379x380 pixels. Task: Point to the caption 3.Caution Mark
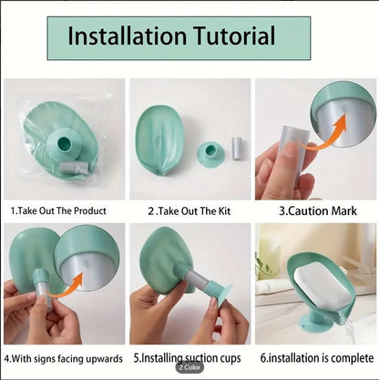point(316,210)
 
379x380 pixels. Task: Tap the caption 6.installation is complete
point(315,359)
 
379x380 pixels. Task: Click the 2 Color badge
point(189,367)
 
